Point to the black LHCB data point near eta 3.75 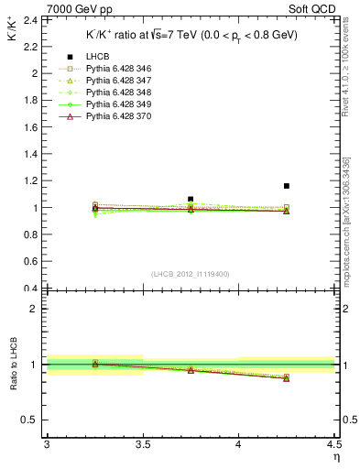pos(191,199)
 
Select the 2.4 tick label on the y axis pos(31,19)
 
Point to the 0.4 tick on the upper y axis pos(31,289)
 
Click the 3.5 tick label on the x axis pos(142,445)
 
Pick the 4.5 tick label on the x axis pos(333,445)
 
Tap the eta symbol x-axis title pos(336,457)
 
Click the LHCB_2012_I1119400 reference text pos(190,274)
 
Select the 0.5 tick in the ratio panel pos(31,420)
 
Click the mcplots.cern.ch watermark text pos(346,234)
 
